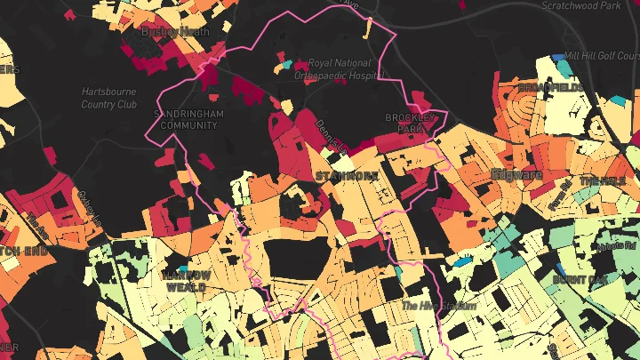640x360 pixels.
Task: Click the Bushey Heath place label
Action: click(176, 31)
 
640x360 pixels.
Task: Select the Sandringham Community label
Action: click(188, 120)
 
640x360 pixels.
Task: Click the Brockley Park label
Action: click(409, 123)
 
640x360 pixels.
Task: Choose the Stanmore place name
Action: click(347, 176)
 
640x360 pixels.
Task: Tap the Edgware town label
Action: click(516, 174)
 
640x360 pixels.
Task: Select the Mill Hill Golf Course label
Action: click(602, 55)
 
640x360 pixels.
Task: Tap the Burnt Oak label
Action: click(580, 279)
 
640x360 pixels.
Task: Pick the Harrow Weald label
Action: click(186, 281)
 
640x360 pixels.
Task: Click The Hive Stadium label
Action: click(438, 306)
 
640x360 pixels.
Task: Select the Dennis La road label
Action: click(330, 136)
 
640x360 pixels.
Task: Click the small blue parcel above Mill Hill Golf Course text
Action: click(558, 57)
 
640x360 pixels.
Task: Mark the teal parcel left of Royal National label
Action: click(286, 64)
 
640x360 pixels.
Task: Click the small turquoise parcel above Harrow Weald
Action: click(183, 268)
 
